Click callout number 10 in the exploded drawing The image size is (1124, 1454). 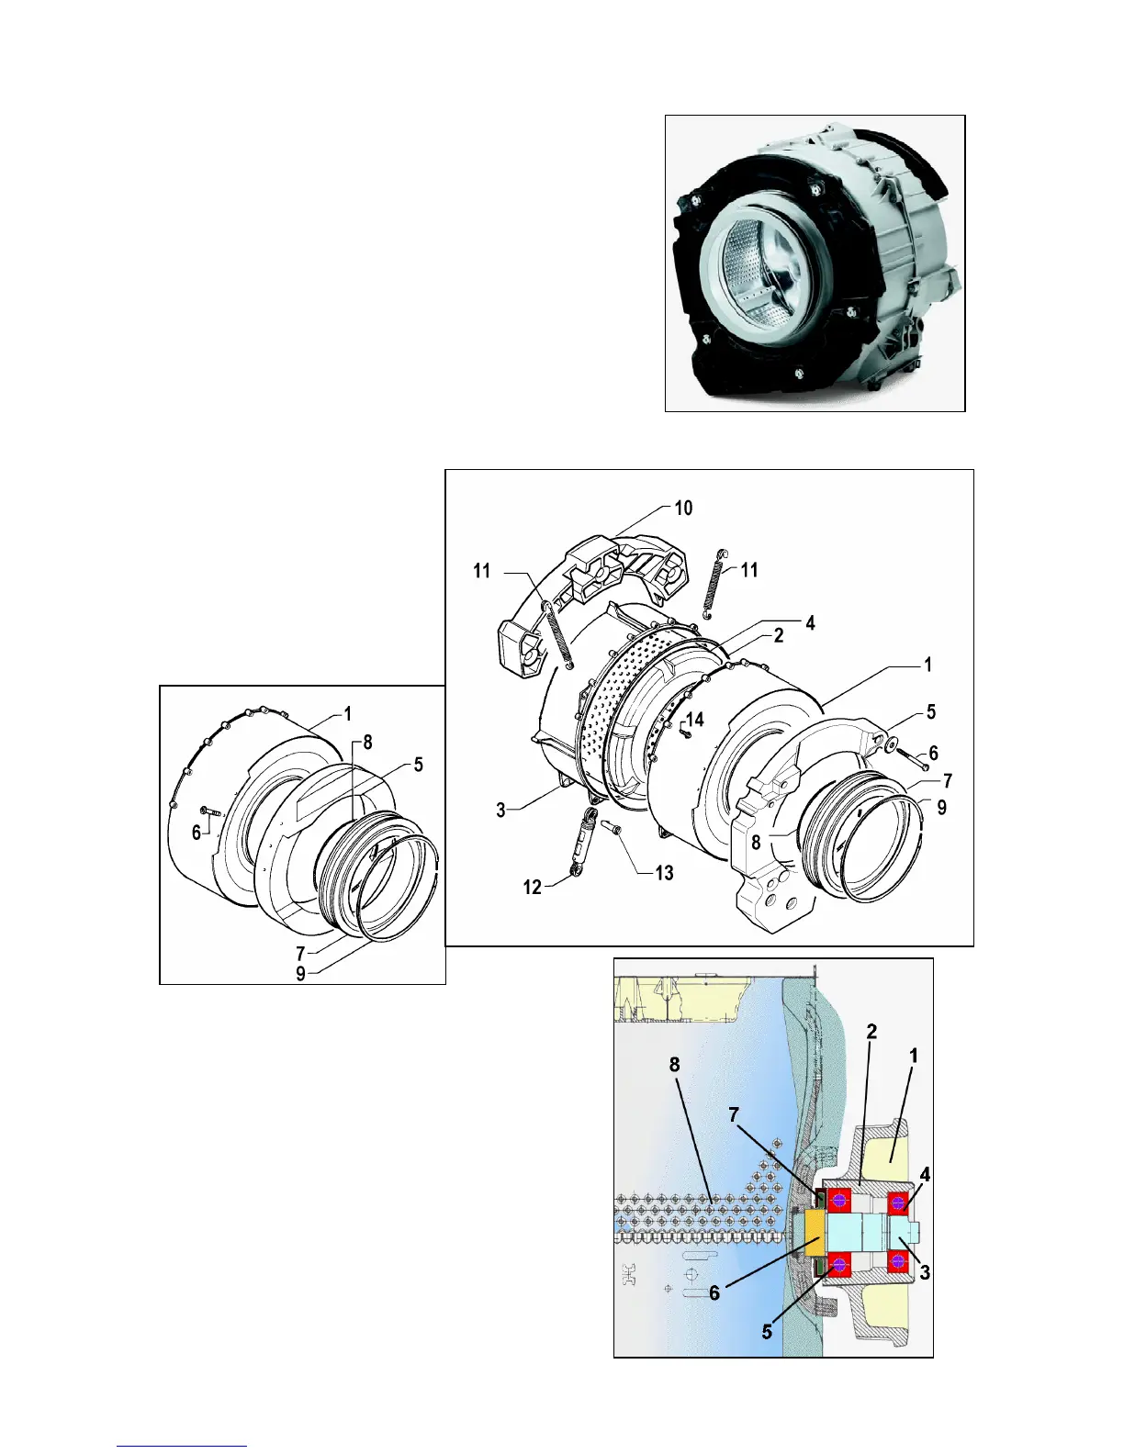pyautogui.click(x=683, y=508)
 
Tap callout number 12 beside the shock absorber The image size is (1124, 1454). pyautogui.click(x=533, y=887)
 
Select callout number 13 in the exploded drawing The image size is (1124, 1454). pyautogui.click(x=664, y=872)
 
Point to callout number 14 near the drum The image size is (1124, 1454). pyautogui.click(x=695, y=719)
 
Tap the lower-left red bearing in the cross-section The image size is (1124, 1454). pyautogui.click(x=837, y=1265)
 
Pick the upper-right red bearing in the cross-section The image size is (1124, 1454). pyautogui.click(x=897, y=1202)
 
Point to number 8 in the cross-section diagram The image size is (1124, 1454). pyautogui.click(x=675, y=1065)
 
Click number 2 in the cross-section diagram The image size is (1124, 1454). pyautogui.click(x=871, y=1031)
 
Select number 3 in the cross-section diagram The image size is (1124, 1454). pyautogui.click(x=925, y=1272)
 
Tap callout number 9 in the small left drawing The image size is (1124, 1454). pyautogui.click(x=300, y=973)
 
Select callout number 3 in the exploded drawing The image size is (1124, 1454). pyautogui.click(x=501, y=810)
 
